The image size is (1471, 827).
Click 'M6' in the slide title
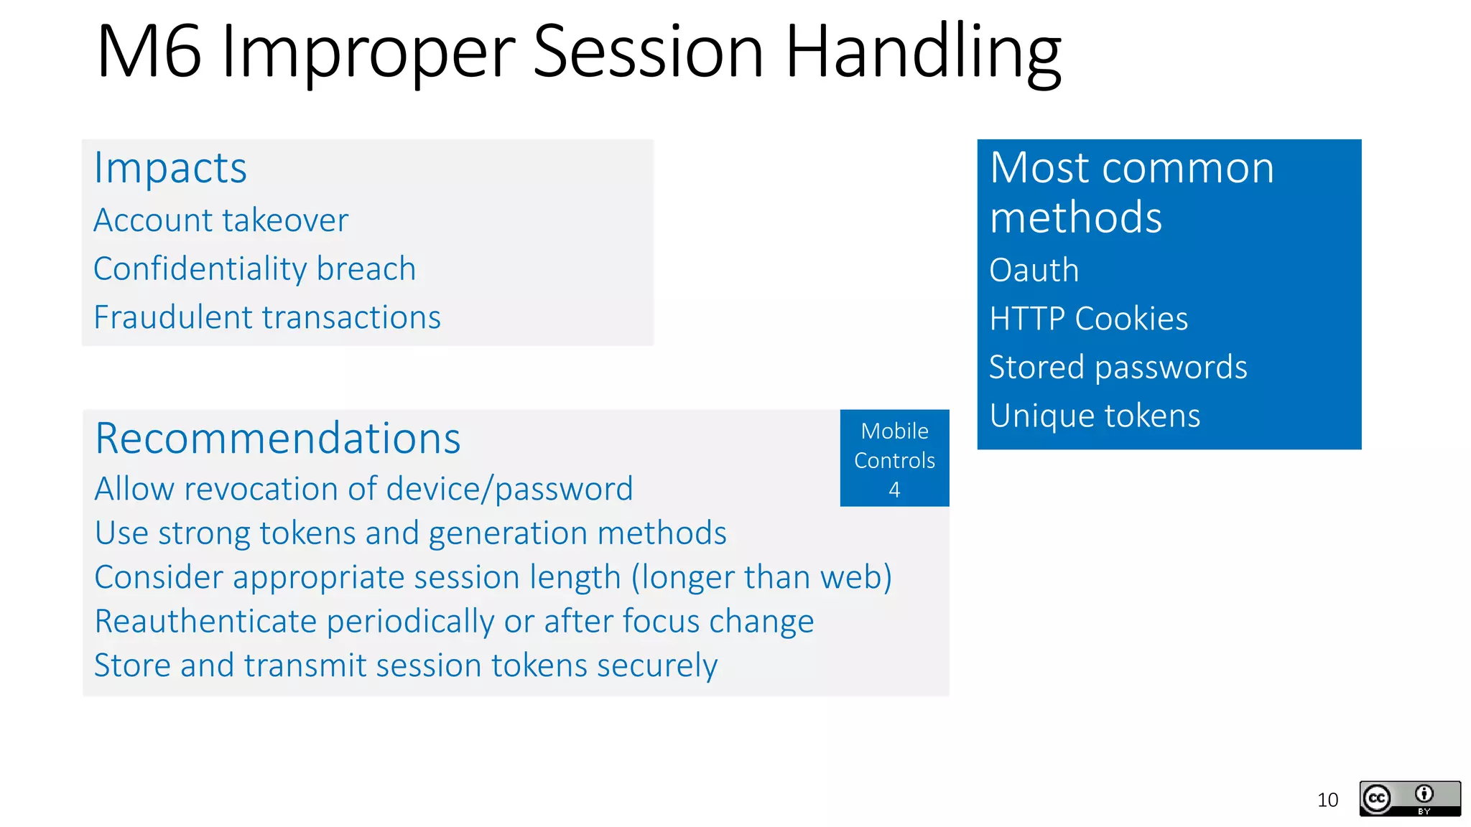point(149,52)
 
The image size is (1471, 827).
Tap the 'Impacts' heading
point(170,168)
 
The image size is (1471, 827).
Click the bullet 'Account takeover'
point(221,220)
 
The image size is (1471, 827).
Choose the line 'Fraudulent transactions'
point(267,317)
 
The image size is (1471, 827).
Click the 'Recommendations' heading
point(277,438)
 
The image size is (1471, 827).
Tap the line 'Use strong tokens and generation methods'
point(410,533)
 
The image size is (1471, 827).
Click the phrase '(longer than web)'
point(761,577)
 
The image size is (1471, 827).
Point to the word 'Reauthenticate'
point(205,622)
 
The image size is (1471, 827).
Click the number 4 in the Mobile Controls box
point(894,490)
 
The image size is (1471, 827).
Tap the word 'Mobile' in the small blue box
point(894,431)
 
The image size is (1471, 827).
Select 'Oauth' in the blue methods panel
point(1034,271)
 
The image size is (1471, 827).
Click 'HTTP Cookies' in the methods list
point(1088,319)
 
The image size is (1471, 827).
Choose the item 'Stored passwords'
point(1118,368)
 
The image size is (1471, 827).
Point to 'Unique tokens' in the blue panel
point(1095,416)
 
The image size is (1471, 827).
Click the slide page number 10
point(1327,800)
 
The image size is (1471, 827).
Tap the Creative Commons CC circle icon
point(1377,798)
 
